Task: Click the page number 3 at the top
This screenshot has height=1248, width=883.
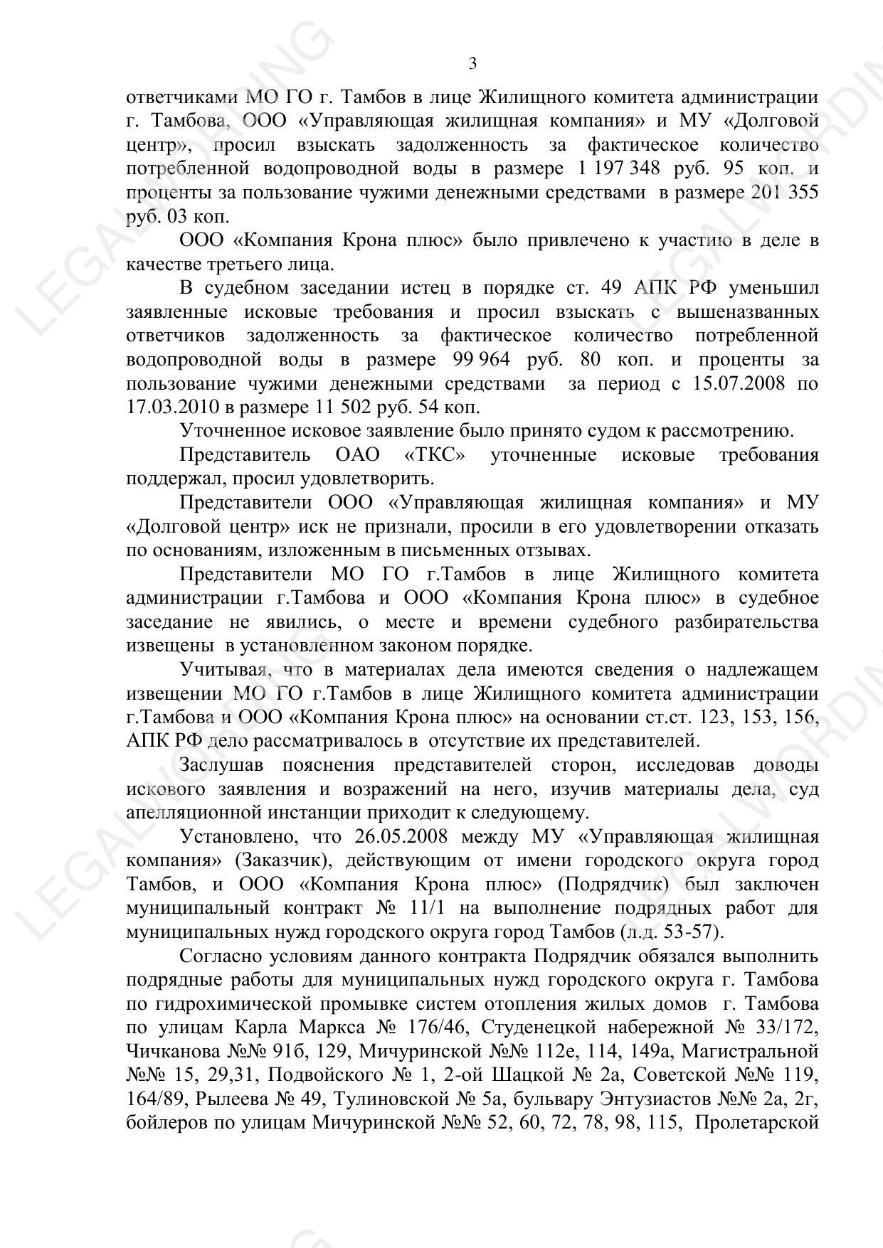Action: pyautogui.click(x=472, y=64)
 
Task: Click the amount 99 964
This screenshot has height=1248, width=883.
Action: pyautogui.click(x=481, y=359)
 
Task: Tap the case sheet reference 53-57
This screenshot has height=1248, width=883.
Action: pyautogui.click(x=690, y=932)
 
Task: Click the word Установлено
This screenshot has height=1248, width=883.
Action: pyautogui.click(x=236, y=836)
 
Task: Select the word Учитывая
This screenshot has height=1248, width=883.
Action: pyautogui.click(x=222, y=670)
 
